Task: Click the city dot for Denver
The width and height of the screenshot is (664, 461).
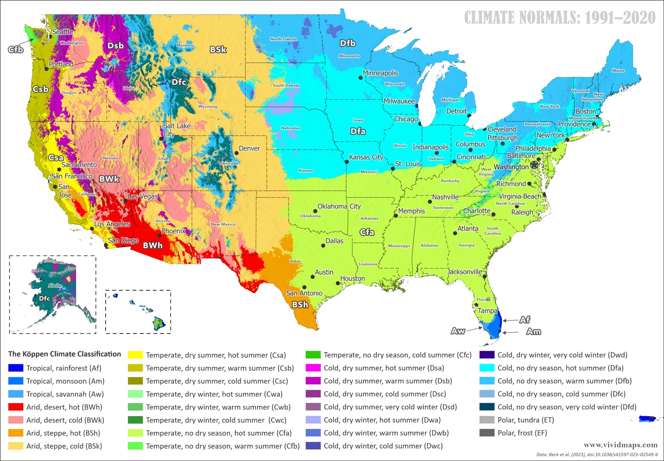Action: (x=236, y=153)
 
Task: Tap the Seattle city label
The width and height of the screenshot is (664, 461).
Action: (x=63, y=32)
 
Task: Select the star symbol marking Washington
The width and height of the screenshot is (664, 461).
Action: (x=534, y=165)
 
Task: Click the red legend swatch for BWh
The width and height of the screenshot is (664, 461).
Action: (x=16, y=407)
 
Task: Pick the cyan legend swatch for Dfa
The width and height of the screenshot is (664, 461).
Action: (x=487, y=368)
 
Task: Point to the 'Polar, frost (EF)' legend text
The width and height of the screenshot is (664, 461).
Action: (x=522, y=433)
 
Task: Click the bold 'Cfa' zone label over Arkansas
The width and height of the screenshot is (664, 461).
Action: (x=367, y=232)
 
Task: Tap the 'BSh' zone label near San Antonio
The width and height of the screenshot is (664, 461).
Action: (x=300, y=305)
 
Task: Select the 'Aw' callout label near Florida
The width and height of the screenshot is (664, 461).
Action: (x=458, y=331)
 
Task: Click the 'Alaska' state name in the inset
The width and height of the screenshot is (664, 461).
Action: (x=55, y=285)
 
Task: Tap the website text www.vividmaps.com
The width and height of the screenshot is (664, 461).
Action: (x=621, y=445)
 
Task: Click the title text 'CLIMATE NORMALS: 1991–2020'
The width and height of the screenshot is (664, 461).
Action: (x=560, y=18)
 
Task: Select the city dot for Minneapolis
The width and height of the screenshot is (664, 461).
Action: (x=360, y=78)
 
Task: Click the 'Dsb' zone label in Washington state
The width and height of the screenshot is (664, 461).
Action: (x=116, y=46)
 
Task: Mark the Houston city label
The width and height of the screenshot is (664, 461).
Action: (x=352, y=278)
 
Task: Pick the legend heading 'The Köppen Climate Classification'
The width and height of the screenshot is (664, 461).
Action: (x=64, y=354)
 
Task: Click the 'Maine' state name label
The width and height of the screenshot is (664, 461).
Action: (x=618, y=70)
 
